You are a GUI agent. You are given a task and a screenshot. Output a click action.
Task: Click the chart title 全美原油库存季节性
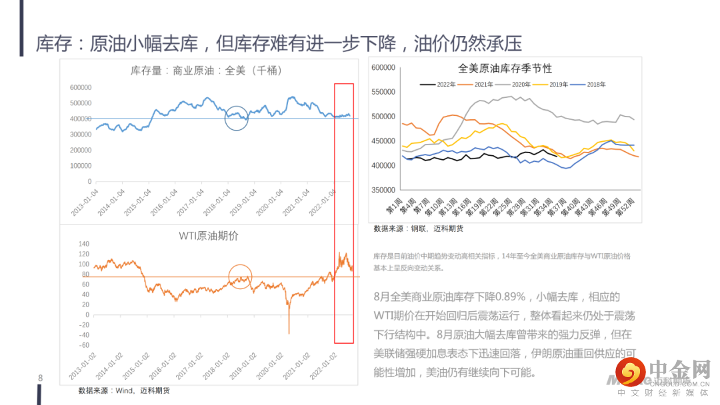pos(505,69)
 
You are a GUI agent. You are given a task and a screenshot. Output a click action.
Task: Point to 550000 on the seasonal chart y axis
pos(385,92)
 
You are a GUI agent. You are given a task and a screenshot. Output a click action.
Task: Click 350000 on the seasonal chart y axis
pos(385,191)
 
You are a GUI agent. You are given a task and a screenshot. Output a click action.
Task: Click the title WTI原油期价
pos(207,235)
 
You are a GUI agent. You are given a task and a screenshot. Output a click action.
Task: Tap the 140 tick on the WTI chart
pos(83,244)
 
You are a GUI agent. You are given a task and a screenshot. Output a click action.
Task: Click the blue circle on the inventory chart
pos(236,118)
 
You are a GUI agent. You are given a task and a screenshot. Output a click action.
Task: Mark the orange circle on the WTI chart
pos(240,276)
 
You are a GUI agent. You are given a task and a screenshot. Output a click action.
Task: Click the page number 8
pos(40,378)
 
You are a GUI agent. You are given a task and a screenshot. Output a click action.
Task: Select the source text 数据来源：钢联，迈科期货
pos(418,228)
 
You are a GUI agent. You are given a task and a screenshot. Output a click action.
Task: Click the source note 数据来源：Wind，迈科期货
pos(123,390)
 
